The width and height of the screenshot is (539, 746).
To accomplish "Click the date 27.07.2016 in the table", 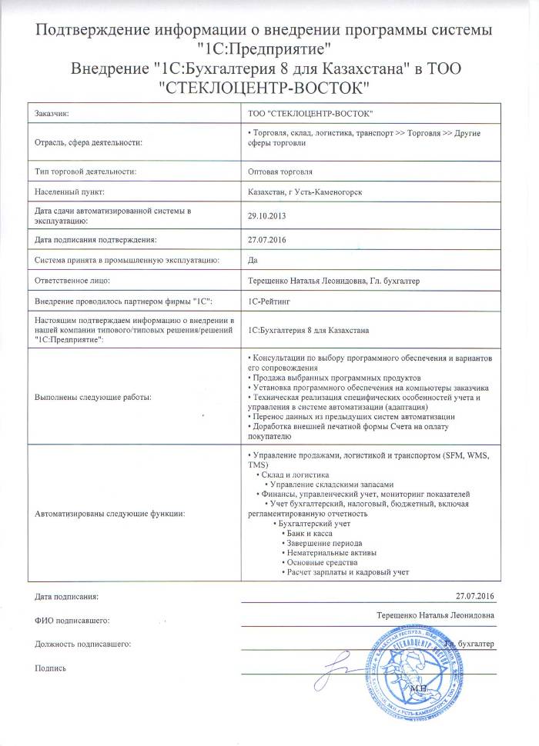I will click(266, 239).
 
